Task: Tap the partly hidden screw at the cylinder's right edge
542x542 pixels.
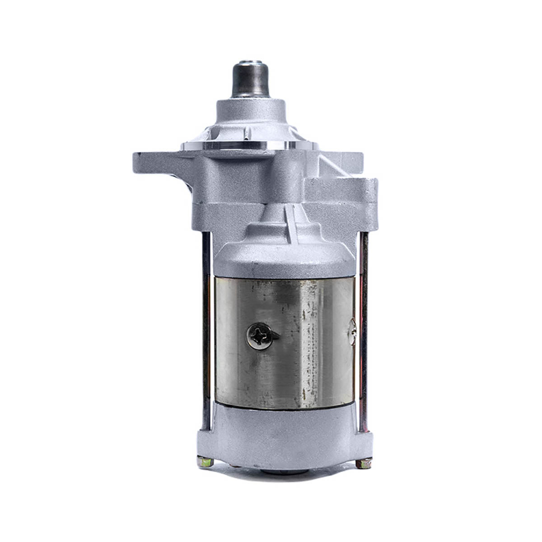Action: pos(352,332)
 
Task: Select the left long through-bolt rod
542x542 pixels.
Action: pos(206,334)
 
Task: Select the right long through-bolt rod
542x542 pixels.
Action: pos(364,334)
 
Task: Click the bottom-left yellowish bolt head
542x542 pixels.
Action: pos(204,461)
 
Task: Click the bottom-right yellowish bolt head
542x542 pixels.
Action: pos(364,463)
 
